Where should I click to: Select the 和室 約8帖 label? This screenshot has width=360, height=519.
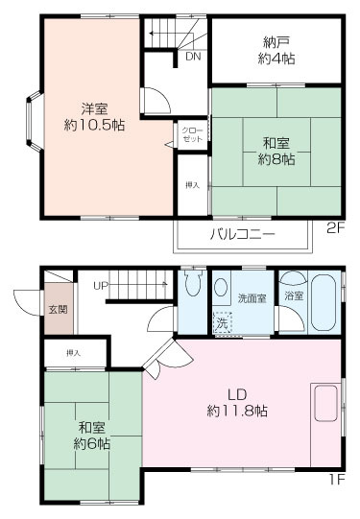[x=276, y=152]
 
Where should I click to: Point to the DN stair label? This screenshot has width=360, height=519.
[x=192, y=57]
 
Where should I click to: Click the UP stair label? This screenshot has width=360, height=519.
[x=100, y=286]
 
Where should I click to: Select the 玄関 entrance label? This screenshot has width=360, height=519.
[x=57, y=310]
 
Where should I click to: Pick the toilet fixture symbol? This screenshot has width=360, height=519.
[x=192, y=286]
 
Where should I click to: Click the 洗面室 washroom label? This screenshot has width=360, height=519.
[x=252, y=298]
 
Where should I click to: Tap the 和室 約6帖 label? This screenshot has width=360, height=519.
[x=92, y=436]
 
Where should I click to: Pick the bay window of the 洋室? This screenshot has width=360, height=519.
[x=33, y=116]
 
